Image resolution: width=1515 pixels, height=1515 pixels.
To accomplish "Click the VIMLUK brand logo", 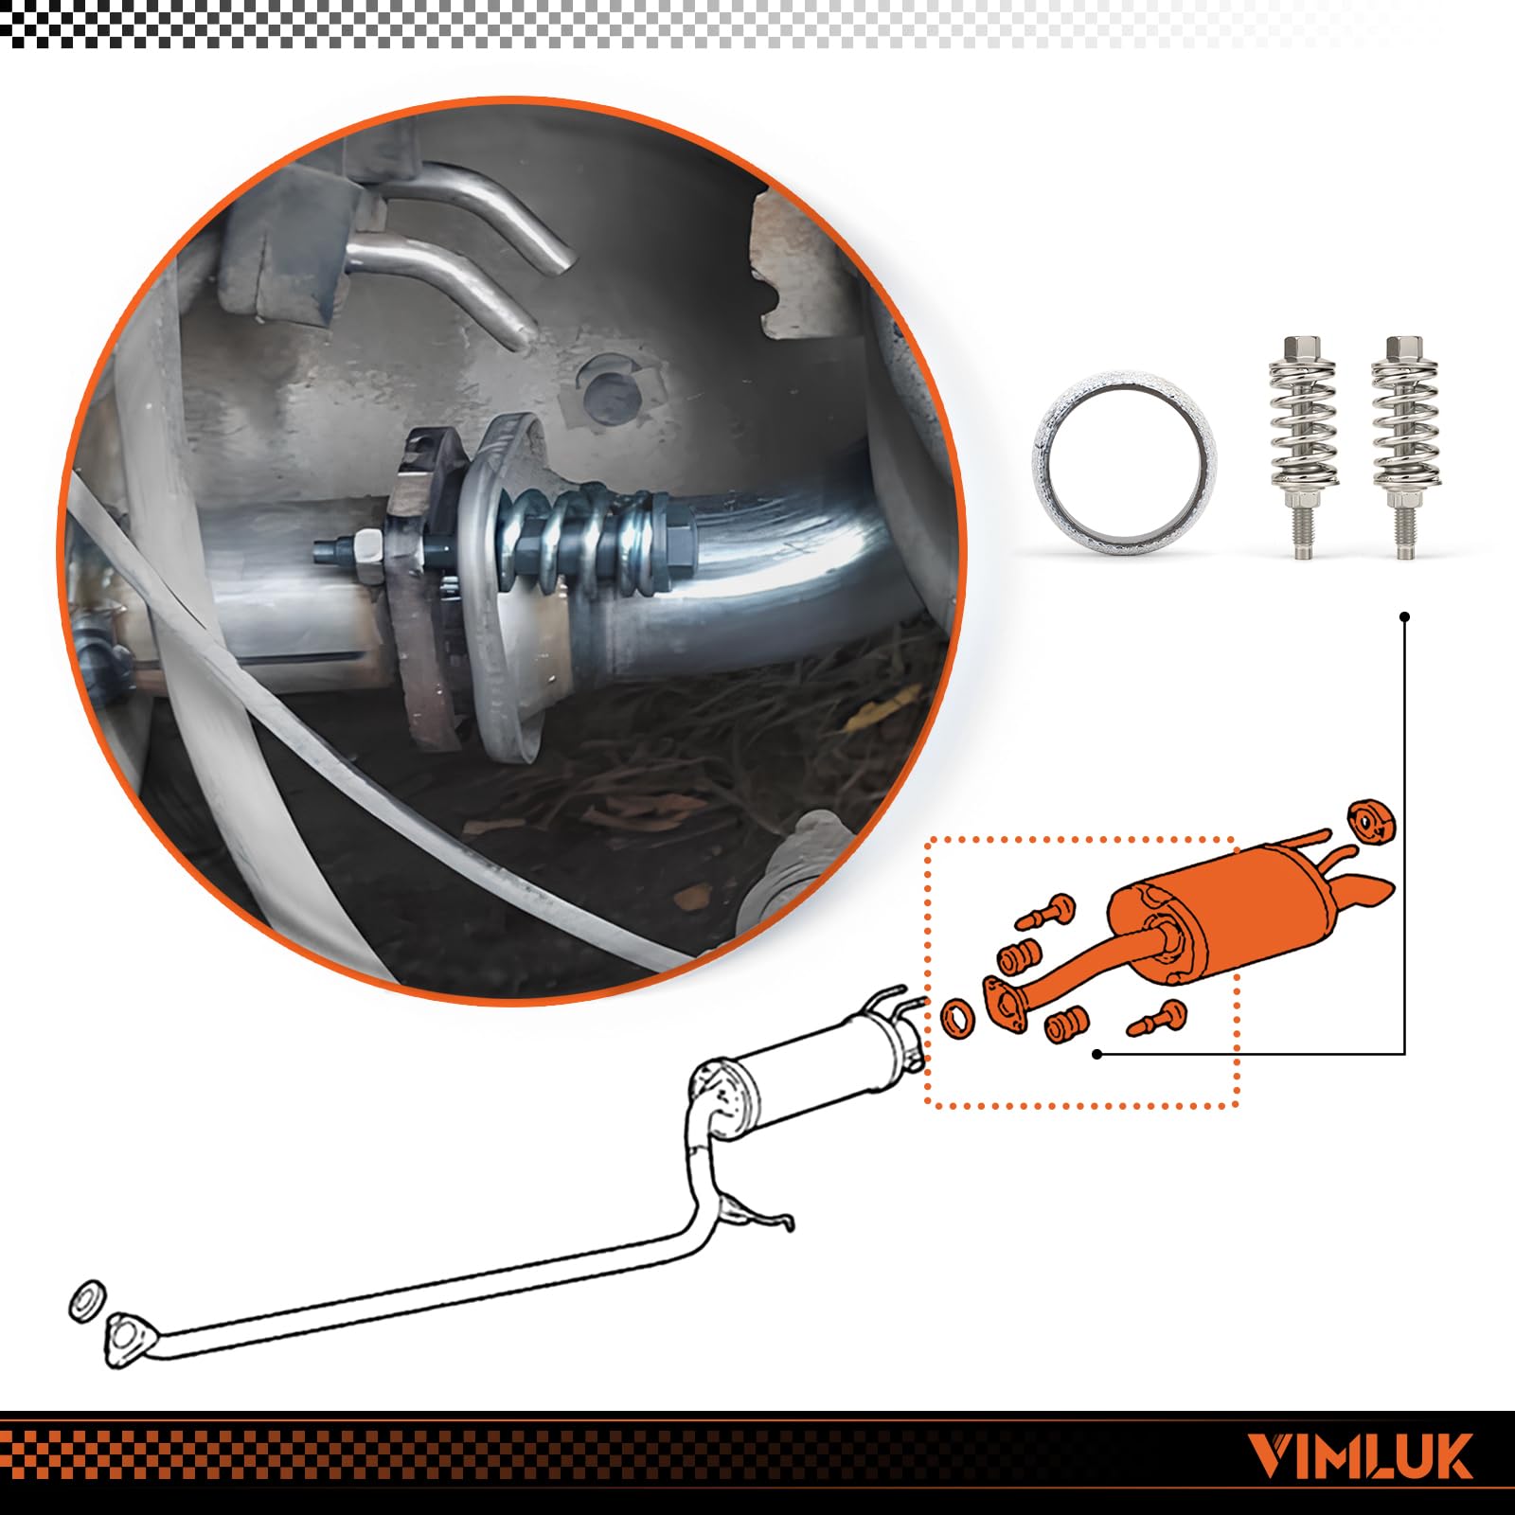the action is (1361, 1455).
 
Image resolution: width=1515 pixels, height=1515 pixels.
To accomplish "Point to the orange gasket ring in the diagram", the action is (959, 1017).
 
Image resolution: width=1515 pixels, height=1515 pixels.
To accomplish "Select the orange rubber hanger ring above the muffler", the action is (1373, 820).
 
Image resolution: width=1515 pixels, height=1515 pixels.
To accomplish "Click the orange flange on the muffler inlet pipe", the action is (1006, 1004).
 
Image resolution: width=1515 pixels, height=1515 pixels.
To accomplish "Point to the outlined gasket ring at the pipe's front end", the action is (88, 1301).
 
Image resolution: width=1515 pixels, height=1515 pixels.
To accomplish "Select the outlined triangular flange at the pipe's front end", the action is (124, 1339).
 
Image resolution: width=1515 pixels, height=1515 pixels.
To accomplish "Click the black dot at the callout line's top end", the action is (1405, 616).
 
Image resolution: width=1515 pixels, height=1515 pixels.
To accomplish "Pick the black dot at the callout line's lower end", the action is (1096, 1053).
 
